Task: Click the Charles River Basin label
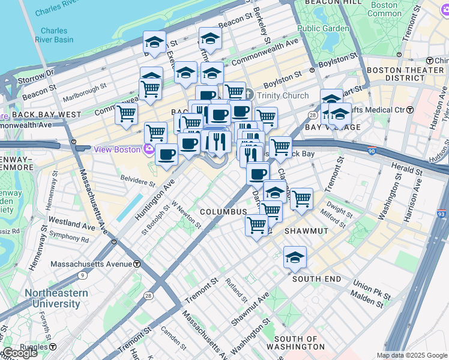click(x=57, y=35)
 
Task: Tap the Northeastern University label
click(x=56, y=298)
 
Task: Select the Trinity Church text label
click(x=282, y=95)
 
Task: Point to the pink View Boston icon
click(x=148, y=149)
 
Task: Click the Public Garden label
click(x=323, y=28)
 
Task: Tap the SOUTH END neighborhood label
click(x=312, y=279)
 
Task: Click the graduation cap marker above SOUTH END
click(x=295, y=258)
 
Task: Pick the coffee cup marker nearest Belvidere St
click(x=166, y=154)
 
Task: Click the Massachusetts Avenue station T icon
click(x=137, y=264)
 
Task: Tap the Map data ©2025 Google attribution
click(x=412, y=355)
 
